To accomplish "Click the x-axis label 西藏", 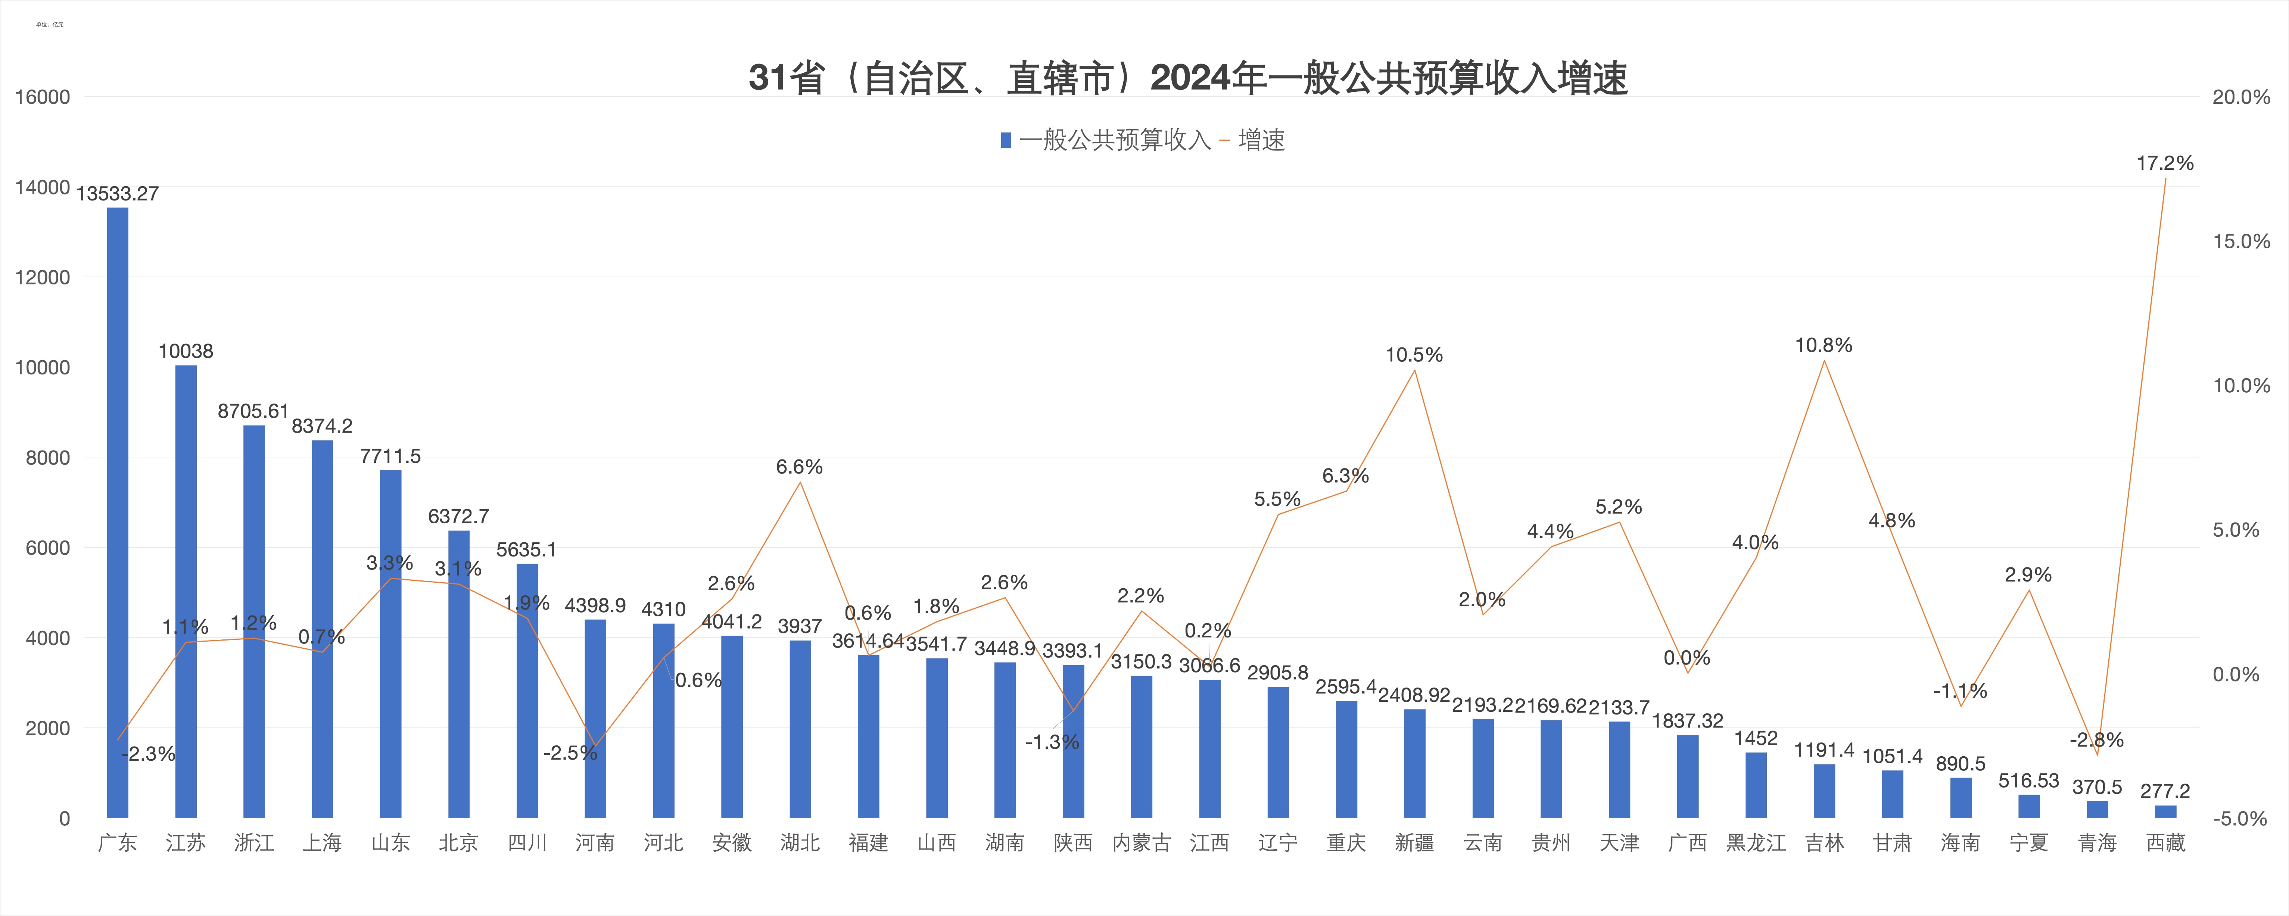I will (x=2165, y=842).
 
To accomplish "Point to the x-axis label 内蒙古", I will (x=1141, y=842).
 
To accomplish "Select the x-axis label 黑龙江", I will (x=1756, y=842).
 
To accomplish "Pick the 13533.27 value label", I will (x=117, y=194).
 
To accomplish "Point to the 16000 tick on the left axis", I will (x=42, y=97).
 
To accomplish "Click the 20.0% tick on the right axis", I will (x=2241, y=97).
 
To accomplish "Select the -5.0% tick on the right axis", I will (x=2241, y=818).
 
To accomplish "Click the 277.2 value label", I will (x=2165, y=791).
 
